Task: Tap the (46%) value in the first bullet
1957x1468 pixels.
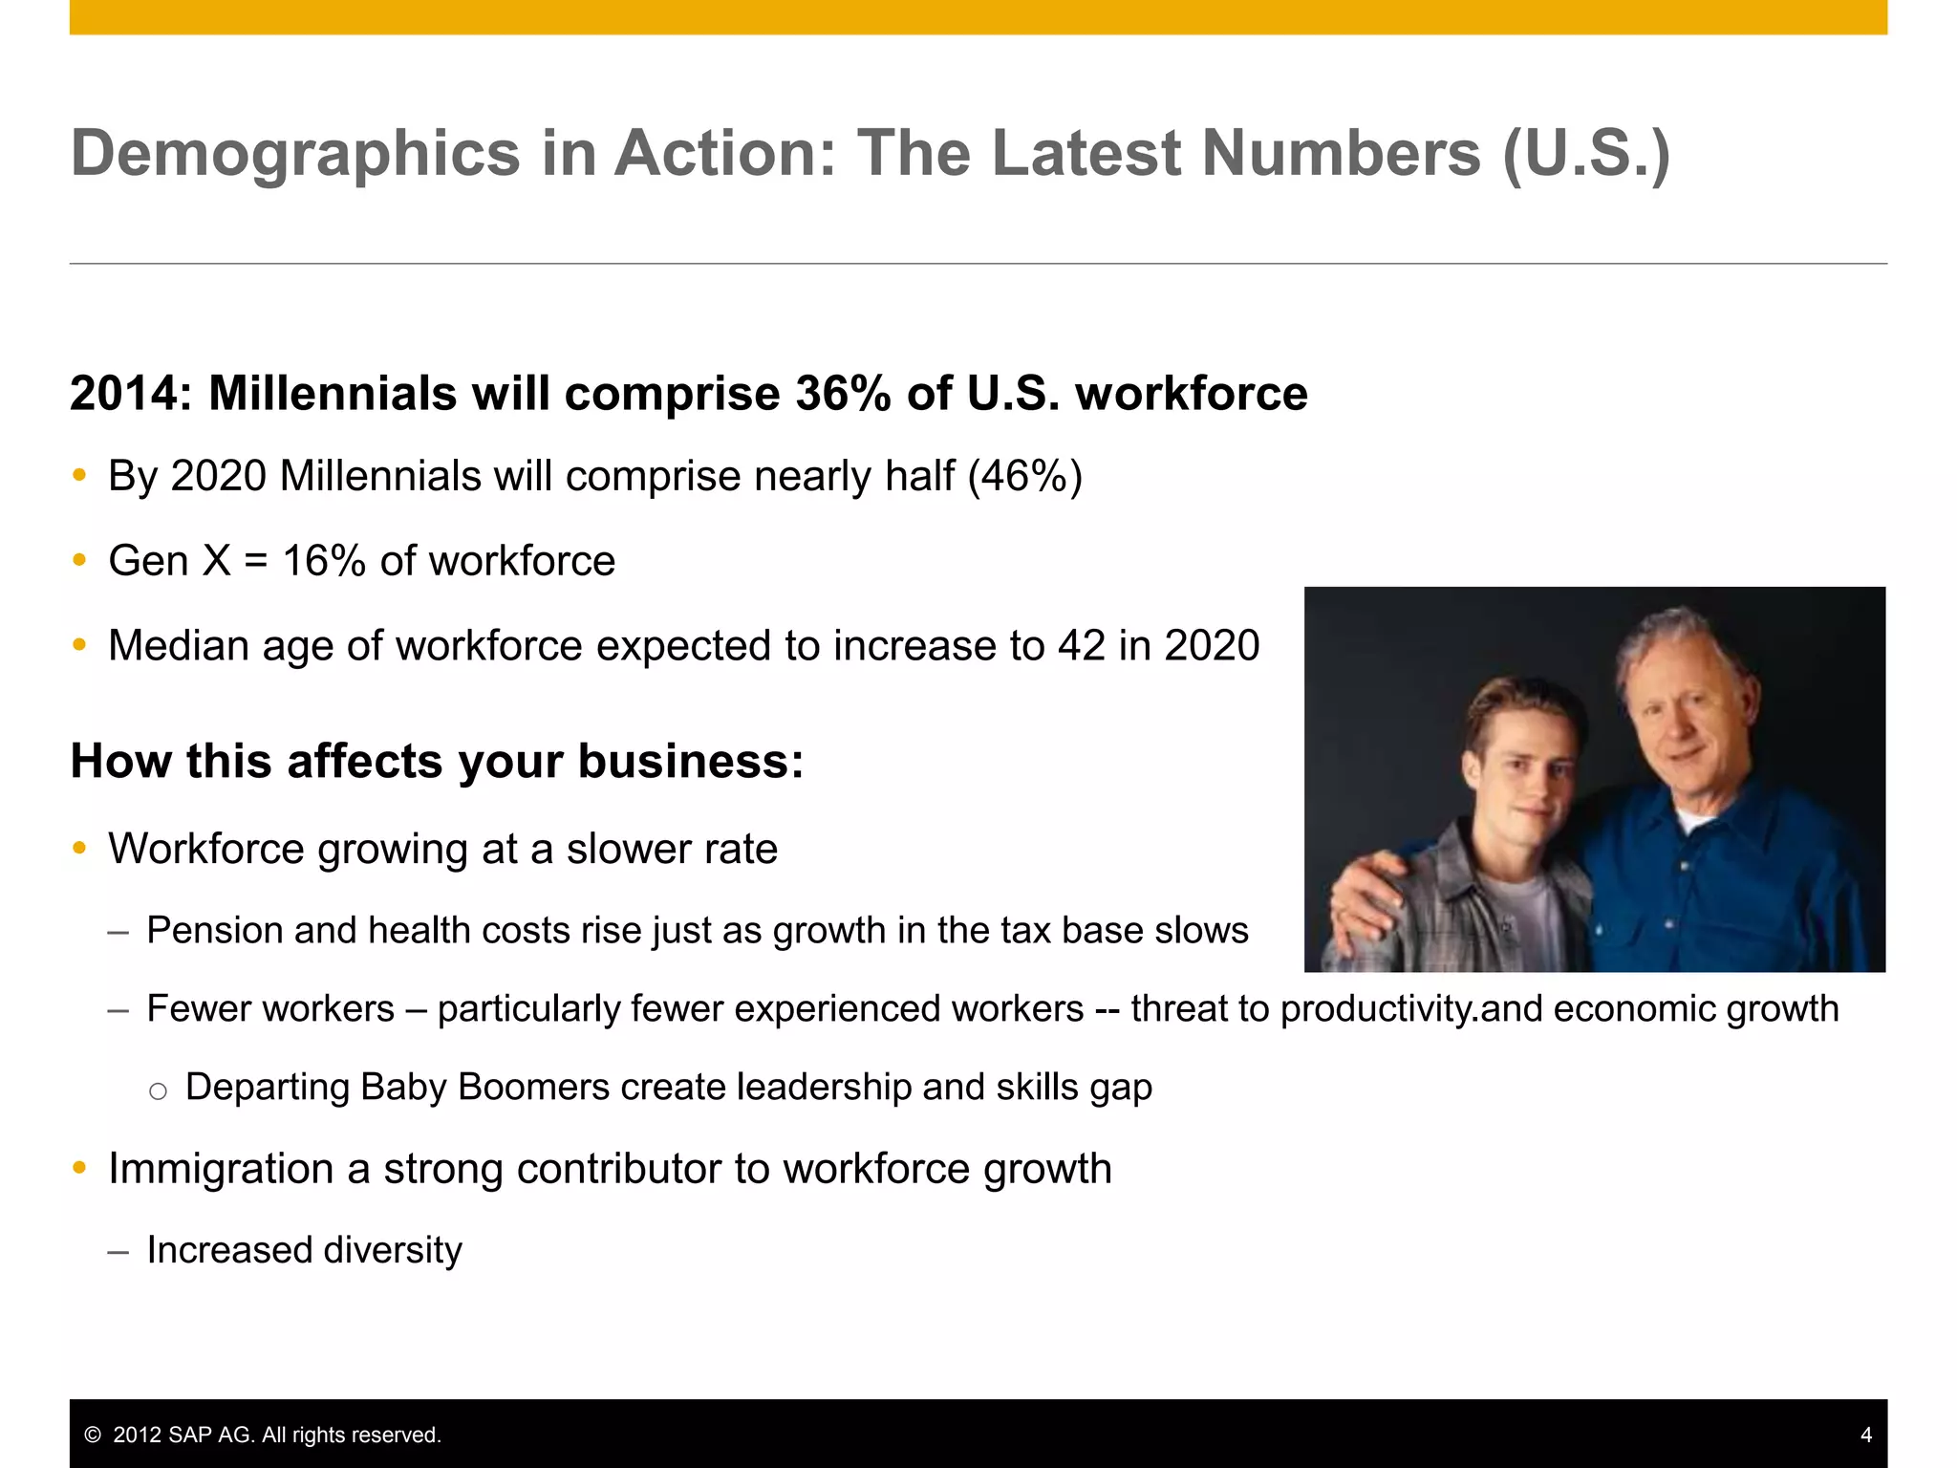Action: point(1024,476)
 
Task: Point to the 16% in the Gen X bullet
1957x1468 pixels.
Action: point(324,561)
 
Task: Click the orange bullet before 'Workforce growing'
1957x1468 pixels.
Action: point(80,848)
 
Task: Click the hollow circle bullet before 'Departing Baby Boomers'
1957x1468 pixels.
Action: point(159,1090)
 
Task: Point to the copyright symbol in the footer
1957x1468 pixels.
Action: point(93,1436)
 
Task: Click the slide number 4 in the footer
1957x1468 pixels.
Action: point(1866,1436)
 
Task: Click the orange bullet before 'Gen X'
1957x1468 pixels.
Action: point(80,560)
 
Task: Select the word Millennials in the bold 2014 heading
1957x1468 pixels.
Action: point(333,394)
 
